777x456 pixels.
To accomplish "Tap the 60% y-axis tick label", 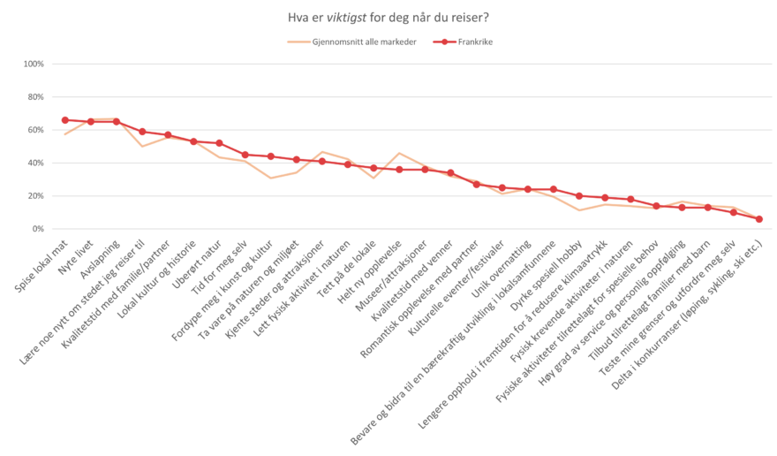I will coord(35,130).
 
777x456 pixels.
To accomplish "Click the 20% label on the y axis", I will coord(35,195).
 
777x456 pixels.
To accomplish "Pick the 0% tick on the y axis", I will coord(37,229).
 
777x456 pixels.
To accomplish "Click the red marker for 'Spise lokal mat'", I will coord(64,119).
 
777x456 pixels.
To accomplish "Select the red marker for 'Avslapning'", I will coord(116,121).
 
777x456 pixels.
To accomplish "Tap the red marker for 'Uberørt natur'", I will coord(219,143).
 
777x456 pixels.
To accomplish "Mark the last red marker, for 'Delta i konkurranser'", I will coord(759,218).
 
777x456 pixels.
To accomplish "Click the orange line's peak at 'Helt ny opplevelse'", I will coord(399,154).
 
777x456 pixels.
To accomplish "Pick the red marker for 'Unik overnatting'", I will coord(528,189).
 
